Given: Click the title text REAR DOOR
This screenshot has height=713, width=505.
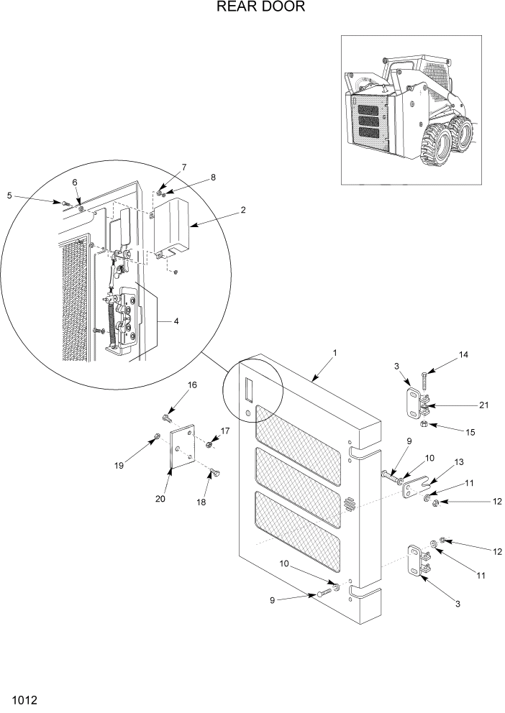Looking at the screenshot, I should point(252,8).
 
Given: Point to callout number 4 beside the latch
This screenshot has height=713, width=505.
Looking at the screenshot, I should point(176,321).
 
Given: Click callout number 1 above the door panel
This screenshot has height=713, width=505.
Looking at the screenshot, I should point(335,354).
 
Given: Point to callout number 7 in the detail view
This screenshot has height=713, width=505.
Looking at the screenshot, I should point(183,167).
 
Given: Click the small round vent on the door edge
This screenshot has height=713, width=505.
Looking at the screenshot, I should point(350,503).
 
